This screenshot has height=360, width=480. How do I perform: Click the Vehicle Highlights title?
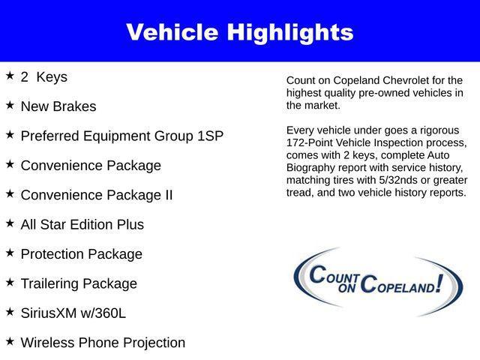239,32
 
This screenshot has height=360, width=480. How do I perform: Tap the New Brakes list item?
58,106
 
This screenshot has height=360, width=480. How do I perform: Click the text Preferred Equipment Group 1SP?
121,136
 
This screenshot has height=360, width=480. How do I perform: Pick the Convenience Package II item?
97,195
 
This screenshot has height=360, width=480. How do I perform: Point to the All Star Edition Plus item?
82,224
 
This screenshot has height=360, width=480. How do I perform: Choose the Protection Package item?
81,254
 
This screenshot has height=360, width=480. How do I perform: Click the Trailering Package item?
79,283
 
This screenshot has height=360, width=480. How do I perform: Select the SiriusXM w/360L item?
73,313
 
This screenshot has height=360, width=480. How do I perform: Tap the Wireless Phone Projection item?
103,343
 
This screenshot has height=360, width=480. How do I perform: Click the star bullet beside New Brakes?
10,105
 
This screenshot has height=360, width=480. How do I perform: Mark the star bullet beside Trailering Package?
10,282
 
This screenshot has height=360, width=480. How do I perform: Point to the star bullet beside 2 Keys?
10,76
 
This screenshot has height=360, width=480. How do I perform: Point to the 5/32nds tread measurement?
394,181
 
